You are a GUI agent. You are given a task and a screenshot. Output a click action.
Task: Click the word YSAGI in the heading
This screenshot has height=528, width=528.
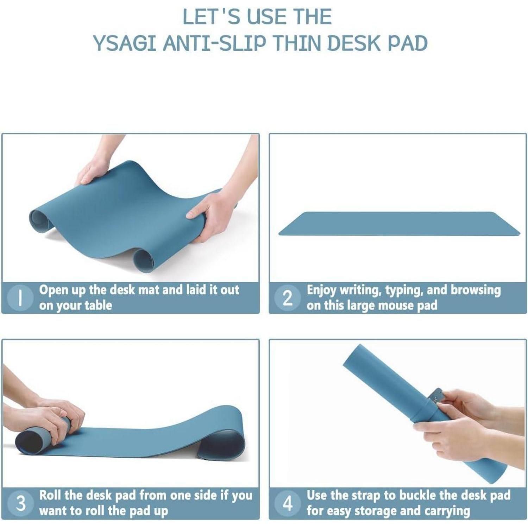(125, 43)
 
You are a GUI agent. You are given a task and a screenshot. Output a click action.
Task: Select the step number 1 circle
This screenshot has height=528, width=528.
(21, 298)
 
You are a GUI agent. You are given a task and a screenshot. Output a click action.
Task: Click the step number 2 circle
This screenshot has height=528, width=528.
(288, 298)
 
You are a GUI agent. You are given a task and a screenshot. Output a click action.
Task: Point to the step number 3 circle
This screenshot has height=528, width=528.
(21, 503)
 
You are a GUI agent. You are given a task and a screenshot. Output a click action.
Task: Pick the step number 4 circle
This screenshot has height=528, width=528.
(288, 503)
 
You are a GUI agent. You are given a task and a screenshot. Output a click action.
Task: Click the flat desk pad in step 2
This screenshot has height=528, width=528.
(399, 224)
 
